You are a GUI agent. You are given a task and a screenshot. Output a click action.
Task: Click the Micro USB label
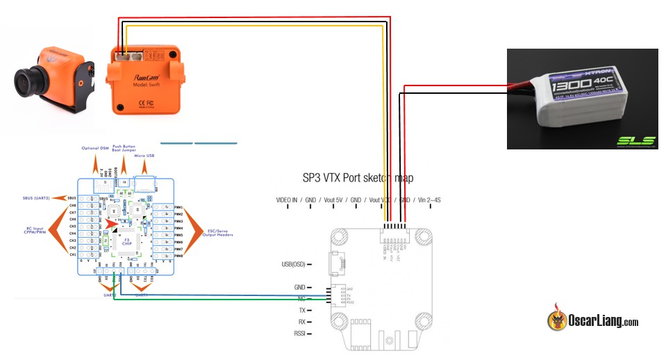point(144,156)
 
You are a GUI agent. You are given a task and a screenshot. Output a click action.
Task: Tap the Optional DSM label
point(95,148)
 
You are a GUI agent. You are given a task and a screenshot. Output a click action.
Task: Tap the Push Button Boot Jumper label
point(123,150)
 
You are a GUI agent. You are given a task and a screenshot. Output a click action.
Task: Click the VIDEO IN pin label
point(286,199)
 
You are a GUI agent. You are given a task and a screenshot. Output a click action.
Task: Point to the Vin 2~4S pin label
point(425,199)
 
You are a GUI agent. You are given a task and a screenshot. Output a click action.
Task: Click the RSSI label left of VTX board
point(299,334)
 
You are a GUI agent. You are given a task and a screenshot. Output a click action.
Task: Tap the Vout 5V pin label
point(334,199)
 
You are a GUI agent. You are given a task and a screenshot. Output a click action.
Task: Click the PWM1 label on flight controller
point(179,206)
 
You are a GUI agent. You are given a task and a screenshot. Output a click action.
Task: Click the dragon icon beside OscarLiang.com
point(556,319)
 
